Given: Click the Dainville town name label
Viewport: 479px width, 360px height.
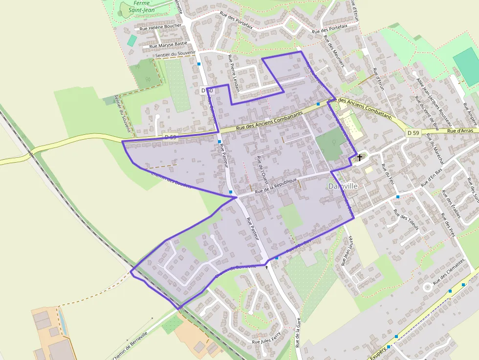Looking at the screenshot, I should [343, 186].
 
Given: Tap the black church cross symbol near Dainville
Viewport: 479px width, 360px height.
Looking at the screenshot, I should [360, 157].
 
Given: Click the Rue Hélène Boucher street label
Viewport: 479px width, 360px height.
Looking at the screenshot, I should [160, 28].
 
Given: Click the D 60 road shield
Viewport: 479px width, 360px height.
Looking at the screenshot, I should [207, 91].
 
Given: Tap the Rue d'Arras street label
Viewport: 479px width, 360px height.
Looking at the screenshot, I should [459, 131].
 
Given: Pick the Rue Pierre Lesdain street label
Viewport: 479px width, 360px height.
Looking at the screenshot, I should [233, 73].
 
